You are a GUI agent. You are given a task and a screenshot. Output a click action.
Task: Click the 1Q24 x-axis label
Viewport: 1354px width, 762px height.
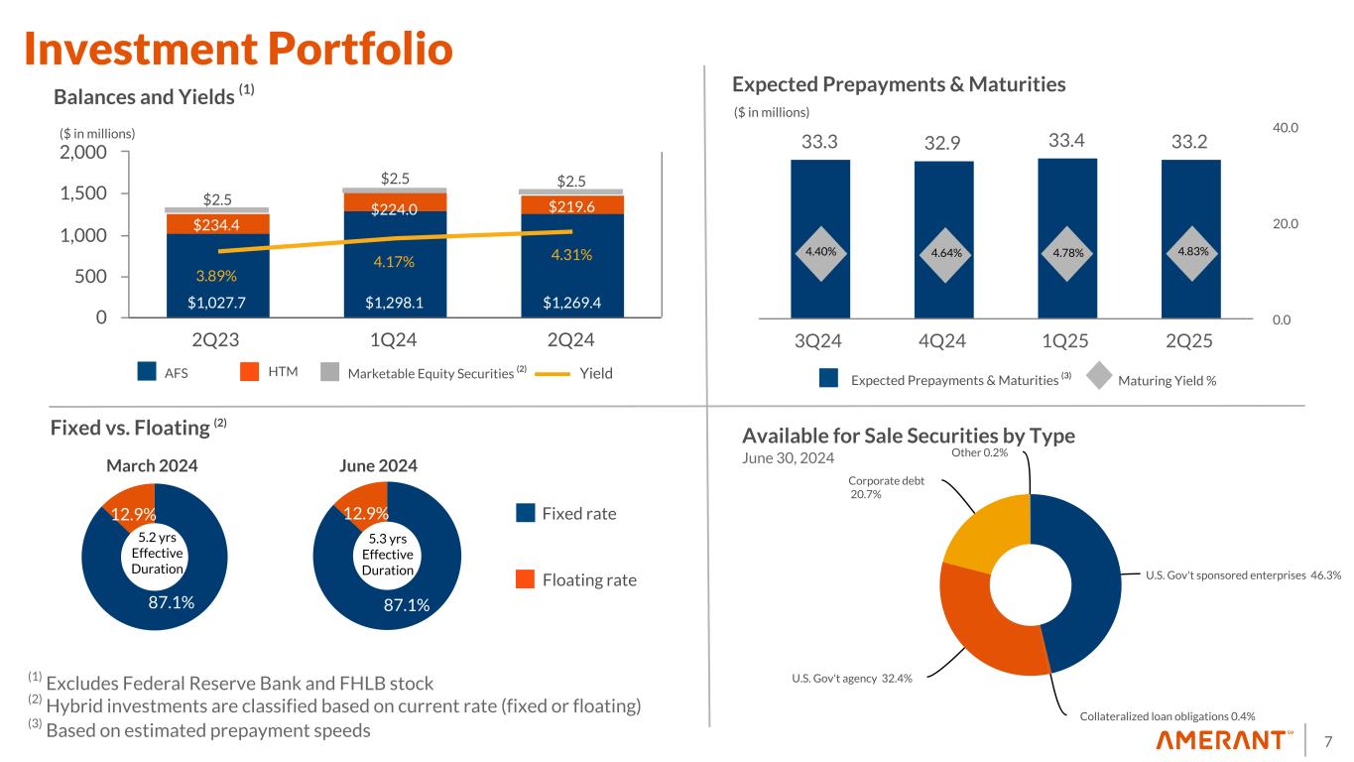(x=392, y=340)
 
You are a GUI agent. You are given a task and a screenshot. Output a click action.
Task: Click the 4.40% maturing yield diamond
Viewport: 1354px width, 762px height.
(x=820, y=252)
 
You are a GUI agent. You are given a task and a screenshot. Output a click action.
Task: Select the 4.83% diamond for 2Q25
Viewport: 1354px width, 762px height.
(x=1191, y=252)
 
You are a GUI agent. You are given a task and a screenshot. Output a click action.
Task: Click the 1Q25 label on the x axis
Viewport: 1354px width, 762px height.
(x=1066, y=340)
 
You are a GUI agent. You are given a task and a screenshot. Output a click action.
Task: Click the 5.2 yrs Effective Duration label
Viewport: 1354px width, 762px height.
(x=156, y=553)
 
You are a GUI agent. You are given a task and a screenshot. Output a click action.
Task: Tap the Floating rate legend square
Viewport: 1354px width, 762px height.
(x=526, y=579)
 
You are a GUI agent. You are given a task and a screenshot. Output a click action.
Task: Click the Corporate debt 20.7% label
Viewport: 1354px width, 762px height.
(x=886, y=487)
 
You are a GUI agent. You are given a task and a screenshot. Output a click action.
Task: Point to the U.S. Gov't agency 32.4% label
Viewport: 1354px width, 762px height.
(x=851, y=678)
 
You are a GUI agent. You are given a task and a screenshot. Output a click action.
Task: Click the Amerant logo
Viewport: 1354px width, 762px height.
(x=1224, y=740)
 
